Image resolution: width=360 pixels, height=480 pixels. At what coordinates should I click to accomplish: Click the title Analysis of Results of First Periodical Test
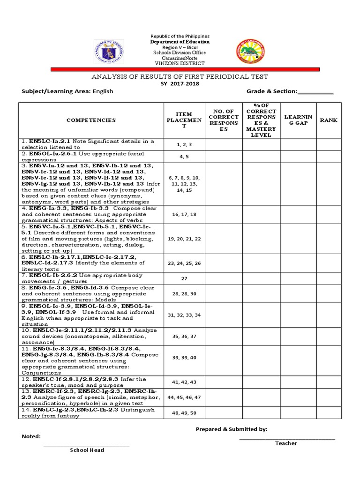tap(180, 76)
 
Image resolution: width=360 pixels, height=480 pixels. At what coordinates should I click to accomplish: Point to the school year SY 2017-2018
tap(180, 83)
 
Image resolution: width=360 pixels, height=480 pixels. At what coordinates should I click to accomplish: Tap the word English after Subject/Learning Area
tap(103, 91)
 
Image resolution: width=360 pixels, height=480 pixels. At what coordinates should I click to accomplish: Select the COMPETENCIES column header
tap(91, 120)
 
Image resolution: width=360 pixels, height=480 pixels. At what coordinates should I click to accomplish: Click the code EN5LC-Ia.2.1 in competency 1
tap(49, 141)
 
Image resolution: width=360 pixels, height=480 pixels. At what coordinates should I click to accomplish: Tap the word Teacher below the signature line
tap(286, 443)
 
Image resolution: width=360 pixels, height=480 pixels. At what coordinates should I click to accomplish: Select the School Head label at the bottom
tap(87, 450)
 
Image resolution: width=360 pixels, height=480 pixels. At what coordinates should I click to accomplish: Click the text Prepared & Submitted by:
tap(232, 429)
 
